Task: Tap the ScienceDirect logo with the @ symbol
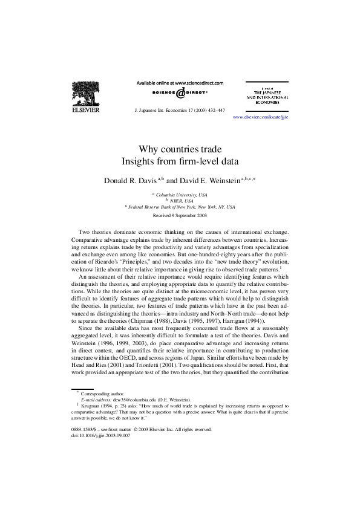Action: pos(180,93)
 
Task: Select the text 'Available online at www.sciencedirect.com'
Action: pos(180,82)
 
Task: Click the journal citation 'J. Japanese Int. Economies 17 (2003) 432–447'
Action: pos(179,111)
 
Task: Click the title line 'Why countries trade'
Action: pos(180,149)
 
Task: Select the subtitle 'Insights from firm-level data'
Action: pos(180,161)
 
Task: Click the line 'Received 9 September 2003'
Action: pos(180,215)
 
